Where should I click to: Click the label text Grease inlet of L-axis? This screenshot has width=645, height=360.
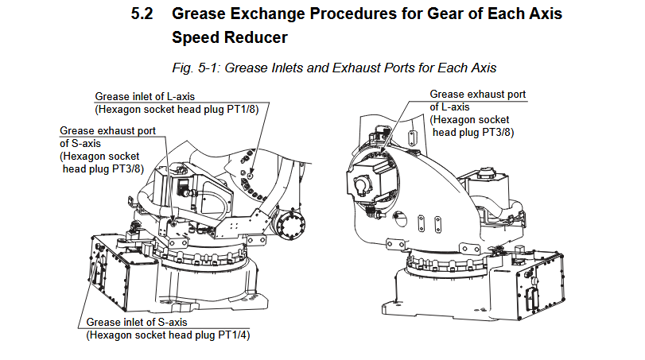pos(144,96)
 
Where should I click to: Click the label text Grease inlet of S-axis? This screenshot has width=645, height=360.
pos(137,322)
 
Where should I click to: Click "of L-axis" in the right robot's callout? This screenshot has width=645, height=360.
pos(449,107)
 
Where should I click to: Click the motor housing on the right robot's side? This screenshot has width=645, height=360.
pos(367,183)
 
